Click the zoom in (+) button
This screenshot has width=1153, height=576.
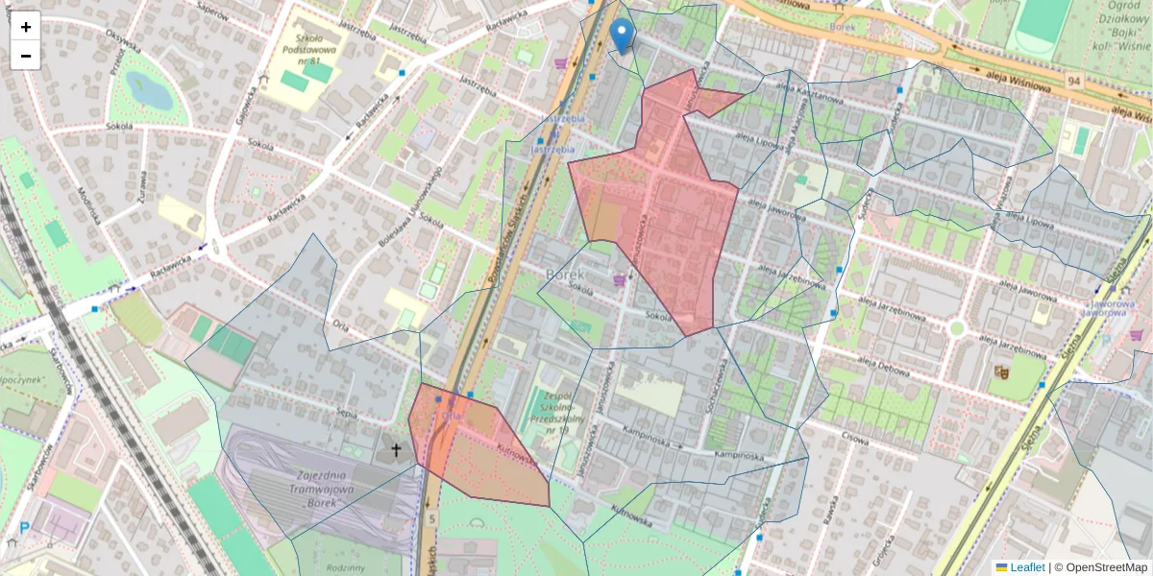[26, 27]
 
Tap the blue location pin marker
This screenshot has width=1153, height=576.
[623, 36]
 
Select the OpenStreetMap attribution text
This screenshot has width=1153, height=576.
[1106, 567]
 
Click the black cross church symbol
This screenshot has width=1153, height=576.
[395, 448]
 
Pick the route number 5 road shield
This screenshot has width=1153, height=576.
[432, 519]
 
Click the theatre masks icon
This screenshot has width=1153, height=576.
[1001, 371]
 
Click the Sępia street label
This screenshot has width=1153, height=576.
[347, 414]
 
